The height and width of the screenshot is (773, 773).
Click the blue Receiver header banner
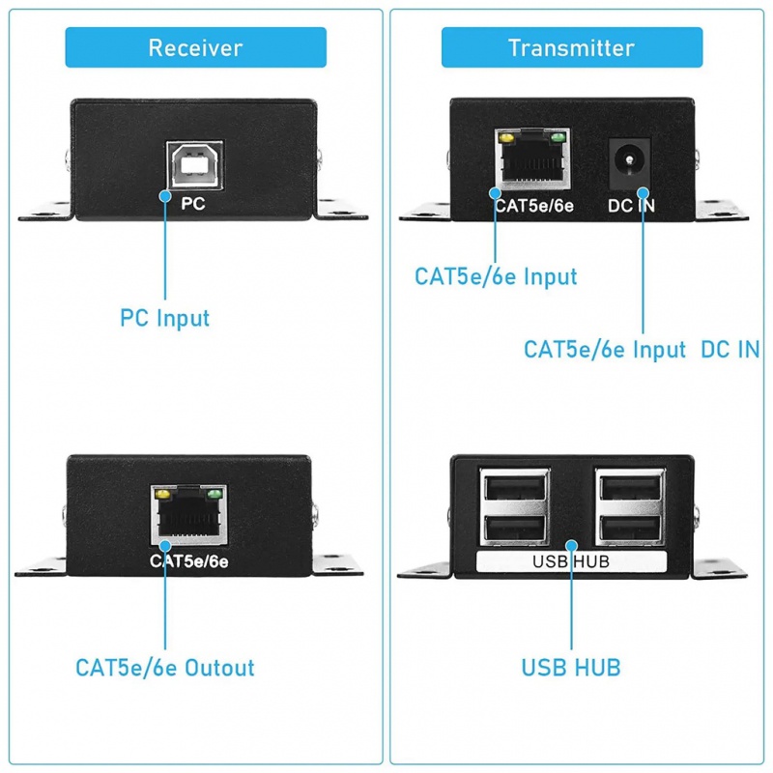click(195, 47)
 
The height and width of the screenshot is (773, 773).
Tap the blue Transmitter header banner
click(571, 47)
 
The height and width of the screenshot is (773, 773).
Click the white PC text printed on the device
click(193, 204)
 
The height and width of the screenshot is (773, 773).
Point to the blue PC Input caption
click(164, 317)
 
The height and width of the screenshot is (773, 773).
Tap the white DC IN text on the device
click(632, 205)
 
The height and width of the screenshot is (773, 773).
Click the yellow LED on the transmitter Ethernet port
click(503, 138)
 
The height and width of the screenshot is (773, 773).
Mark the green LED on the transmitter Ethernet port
click(558, 138)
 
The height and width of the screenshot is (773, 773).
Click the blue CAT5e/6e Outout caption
click(165, 668)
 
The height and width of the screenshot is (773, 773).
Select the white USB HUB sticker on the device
click(571, 561)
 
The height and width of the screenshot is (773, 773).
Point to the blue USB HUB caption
click(571, 667)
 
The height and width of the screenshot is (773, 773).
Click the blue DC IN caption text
click(730, 350)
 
